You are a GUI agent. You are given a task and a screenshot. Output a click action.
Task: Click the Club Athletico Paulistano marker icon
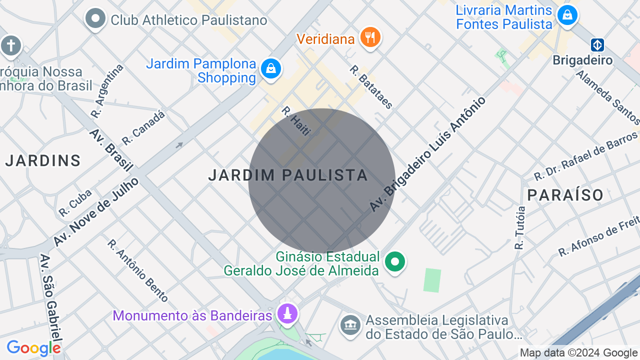[95, 19]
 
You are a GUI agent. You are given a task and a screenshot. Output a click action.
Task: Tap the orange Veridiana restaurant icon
[370, 37]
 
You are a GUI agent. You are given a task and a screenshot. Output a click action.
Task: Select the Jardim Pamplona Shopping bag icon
[271, 68]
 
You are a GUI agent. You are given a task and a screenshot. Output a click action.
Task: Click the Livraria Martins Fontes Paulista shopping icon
[567, 15]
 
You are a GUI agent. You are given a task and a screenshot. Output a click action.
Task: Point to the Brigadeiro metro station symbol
[597, 45]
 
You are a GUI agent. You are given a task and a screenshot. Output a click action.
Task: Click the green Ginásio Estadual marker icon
[395, 261]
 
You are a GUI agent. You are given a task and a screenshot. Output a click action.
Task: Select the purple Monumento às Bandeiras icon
[287, 314]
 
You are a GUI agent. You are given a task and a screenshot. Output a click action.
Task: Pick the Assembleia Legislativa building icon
[350, 325]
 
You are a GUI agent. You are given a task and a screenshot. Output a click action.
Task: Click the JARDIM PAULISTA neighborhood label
[288, 175]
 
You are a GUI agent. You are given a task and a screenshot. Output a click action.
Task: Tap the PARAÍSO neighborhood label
[565, 195]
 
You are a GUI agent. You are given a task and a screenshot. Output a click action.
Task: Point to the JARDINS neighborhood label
[43, 160]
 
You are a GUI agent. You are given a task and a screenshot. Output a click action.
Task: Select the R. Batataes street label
[371, 87]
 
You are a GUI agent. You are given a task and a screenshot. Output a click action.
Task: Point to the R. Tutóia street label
[520, 227]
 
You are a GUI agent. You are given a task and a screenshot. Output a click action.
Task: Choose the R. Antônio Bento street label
[137, 270]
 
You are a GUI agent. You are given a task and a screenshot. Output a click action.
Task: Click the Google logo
[33, 348]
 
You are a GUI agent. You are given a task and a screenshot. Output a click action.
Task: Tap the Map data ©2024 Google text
[578, 353]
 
